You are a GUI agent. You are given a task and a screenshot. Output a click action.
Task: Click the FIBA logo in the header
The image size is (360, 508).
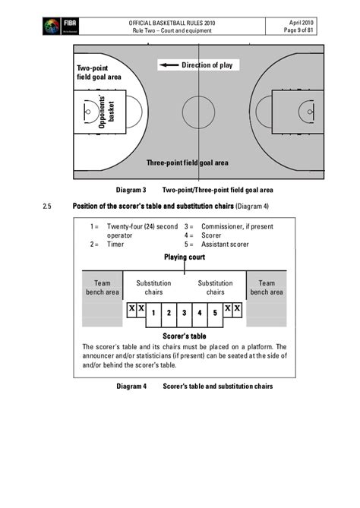click(61, 27)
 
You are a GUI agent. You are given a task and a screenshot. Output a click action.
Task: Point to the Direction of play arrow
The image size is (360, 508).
click(169, 65)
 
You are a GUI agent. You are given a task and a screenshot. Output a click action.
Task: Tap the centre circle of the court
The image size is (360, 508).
click(199, 112)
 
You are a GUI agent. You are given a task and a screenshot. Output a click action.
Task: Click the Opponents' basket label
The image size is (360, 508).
click(106, 112)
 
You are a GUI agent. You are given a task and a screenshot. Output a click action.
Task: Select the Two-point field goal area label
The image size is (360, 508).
click(99, 73)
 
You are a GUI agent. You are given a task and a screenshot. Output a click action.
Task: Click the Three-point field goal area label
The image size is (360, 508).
click(188, 162)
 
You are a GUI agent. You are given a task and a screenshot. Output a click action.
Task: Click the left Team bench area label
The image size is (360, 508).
click(103, 288)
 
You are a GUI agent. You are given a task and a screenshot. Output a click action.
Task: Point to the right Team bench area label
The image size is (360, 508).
click(267, 288)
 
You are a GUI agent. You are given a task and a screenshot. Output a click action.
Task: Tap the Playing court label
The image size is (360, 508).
click(185, 257)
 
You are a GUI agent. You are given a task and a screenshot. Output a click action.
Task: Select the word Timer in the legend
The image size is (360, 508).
click(115, 245)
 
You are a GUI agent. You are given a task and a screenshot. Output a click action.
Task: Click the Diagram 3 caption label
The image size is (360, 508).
click(131, 190)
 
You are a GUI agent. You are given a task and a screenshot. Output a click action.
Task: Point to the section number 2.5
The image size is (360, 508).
click(47, 207)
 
